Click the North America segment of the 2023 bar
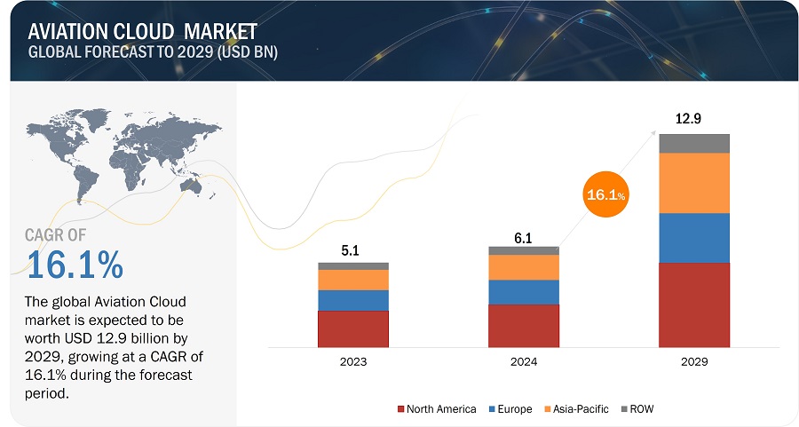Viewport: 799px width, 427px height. (353, 328)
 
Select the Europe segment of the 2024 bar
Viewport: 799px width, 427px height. (523, 292)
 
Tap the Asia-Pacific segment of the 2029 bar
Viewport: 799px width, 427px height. (693, 183)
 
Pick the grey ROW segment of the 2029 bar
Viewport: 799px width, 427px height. (693, 143)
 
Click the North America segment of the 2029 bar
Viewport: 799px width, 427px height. (693, 304)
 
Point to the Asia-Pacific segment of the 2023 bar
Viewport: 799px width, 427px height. (353, 280)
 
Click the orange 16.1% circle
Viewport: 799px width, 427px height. (606, 193)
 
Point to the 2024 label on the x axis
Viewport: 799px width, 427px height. (523, 362)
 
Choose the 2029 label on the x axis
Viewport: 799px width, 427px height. (693, 362)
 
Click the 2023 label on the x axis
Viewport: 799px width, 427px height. (353, 362)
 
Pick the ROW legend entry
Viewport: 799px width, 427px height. (641, 409)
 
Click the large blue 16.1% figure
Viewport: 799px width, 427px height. (75, 264)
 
